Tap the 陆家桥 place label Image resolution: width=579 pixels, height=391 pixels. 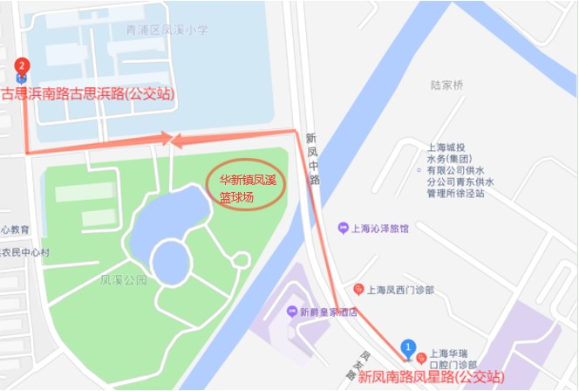click(x=447, y=86)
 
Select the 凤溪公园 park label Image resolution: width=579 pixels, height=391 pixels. click(x=123, y=281)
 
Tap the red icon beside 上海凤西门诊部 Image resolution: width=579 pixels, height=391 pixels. click(x=358, y=290)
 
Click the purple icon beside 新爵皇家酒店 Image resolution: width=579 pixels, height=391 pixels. click(x=291, y=312)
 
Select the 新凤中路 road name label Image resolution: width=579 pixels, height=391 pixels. click(x=312, y=157)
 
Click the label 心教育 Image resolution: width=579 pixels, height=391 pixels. click(x=15, y=229)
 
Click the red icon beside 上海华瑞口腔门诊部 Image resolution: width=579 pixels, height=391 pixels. click(x=422, y=357)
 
